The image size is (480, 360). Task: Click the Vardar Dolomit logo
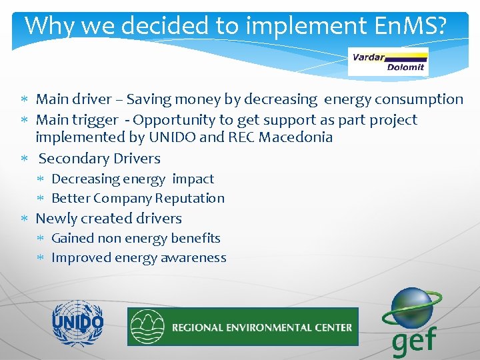pyautogui.click(x=389, y=61)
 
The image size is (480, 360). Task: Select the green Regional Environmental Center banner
pyautogui.click(x=243, y=327)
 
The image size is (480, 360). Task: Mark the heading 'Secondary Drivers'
pyautogui.click(x=99, y=159)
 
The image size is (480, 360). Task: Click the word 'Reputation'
pyautogui.click(x=189, y=198)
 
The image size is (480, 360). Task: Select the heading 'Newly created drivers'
pyautogui.click(x=109, y=219)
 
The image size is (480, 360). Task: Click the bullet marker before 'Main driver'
pyautogui.click(x=25, y=100)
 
